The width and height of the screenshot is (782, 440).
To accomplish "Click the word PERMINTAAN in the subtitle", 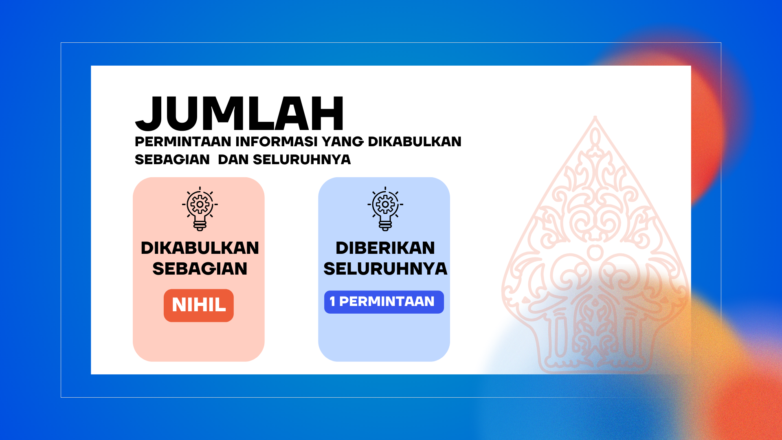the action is (183, 142).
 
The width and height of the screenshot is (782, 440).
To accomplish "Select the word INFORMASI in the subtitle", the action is (277, 142).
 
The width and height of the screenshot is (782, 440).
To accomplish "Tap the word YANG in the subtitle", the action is (343, 142).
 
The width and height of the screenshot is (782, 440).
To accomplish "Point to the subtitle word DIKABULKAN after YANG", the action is (415, 142).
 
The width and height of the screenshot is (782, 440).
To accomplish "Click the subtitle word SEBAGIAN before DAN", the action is (172, 160).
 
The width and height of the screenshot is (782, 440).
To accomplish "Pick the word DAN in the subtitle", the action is (233, 160).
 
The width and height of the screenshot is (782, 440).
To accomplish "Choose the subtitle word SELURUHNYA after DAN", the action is (302, 160).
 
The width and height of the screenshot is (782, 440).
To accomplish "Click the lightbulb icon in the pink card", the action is (200, 209).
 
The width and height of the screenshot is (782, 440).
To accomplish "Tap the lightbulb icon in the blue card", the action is (385, 209).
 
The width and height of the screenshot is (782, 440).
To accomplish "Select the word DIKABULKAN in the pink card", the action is (200, 248).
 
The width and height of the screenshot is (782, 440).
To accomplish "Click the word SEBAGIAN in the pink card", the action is (200, 269).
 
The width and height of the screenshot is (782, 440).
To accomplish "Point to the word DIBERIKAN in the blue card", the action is (385, 248).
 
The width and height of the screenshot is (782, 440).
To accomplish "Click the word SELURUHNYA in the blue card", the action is (385, 269).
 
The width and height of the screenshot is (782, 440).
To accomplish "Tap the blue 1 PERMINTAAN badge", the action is (384, 302).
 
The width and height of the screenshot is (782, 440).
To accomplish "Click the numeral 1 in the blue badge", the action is (332, 301).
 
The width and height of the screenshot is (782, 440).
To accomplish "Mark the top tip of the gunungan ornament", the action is (595, 117).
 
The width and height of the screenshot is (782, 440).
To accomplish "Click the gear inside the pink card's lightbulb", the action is (200, 204).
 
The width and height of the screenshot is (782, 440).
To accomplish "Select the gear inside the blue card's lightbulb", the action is (385, 204).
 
